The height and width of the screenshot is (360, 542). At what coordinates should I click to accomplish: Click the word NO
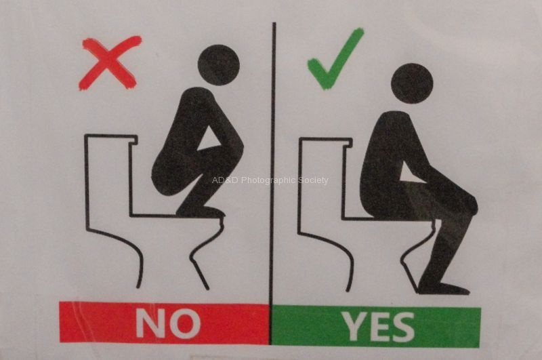[x=168, y=323]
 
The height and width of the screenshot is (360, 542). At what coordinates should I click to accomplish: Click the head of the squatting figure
[x=218, y=65]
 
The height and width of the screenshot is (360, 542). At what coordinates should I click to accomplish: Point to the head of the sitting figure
[x=412, y=83]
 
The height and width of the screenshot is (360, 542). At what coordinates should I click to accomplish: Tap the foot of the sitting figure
[x=444, y=289]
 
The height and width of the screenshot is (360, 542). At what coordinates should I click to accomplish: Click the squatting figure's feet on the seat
[x=201, y=212]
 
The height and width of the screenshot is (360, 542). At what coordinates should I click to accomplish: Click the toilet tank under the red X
[x=108, y=180]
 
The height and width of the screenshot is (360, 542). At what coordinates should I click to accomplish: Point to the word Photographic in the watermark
[x=269, y=180]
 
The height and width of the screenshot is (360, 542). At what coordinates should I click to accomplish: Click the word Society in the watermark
[x=314, y=180]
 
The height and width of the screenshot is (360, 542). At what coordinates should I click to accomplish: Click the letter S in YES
[x=402, y=327]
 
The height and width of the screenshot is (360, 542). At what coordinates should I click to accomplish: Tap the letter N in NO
[x=150, y=323]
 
